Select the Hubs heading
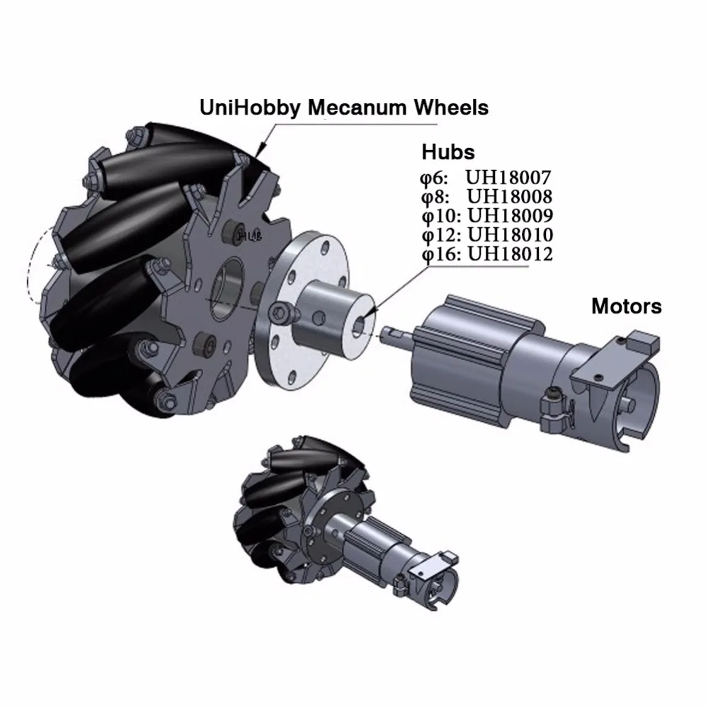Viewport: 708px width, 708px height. click(447, 152)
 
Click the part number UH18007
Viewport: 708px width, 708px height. click(510, 177)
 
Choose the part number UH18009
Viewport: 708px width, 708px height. click(510, 215)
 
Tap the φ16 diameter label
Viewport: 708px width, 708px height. click(440, 253)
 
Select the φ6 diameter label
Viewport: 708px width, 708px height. click(435, 177)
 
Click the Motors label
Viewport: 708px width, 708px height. click(626, 307)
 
